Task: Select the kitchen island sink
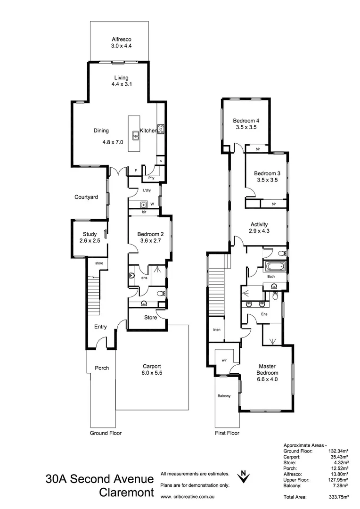[135, 136]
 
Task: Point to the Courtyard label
[86, 197]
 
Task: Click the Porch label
[102, 368]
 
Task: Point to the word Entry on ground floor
[100, 327]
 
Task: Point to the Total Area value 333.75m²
[338, 497]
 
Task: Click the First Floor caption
[227, 433]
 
